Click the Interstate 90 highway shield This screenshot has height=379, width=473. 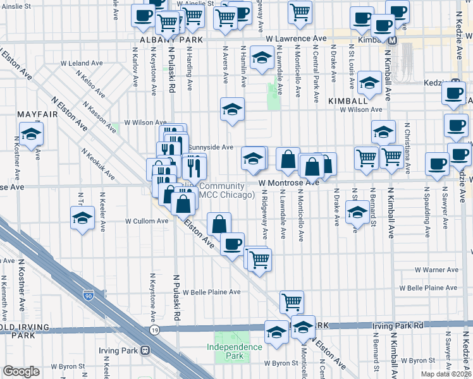[x=88, y=295]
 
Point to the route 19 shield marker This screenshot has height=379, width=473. [x=154, y=330]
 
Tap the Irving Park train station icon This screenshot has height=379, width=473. [x=145, y=350]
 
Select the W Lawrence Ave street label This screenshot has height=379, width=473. [x=296, y=39]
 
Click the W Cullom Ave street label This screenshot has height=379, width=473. [x=147, y=221]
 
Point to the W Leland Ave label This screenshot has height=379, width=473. [x=82, y=63]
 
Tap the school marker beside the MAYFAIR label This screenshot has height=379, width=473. [x=30, y=134]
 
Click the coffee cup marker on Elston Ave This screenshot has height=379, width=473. [x=232, y=243]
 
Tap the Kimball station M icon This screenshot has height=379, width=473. [x=392, y=40]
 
